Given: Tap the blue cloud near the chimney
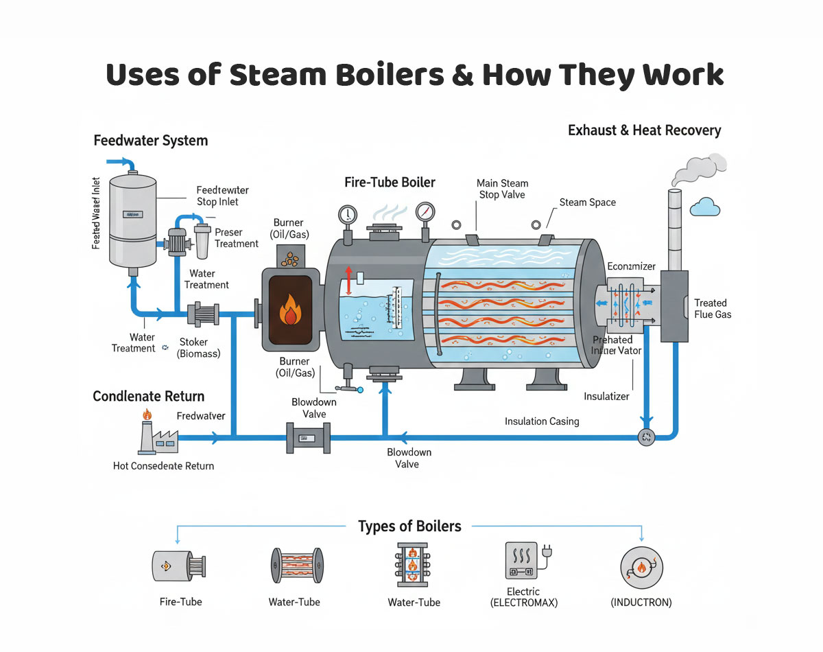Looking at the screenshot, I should (704, 206).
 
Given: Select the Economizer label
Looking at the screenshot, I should (631, 266).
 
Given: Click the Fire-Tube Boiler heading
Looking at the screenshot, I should (390, 183).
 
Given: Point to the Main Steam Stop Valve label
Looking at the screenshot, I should (502, 189).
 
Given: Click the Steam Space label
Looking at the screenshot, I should (587, 202).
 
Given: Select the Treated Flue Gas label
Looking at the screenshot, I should (713, 308).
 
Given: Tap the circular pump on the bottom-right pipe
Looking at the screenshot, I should (646, 437).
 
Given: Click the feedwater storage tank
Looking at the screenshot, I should (133, 220).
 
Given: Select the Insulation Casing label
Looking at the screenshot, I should (542, 421).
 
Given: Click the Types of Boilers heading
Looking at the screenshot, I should (409, 526).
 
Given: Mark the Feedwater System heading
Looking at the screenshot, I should (150, 141).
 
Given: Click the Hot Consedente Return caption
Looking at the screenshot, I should (163, 466).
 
